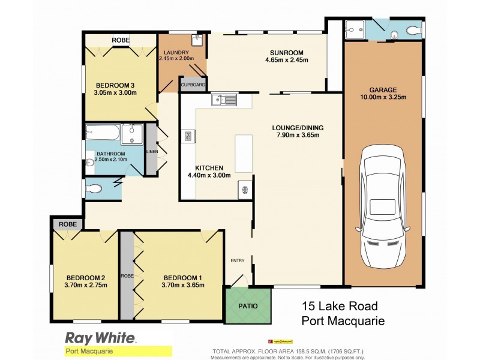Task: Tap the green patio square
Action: click(248, 305)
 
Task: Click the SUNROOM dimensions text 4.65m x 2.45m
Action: click(287, 60)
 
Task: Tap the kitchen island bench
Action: click(244, 153)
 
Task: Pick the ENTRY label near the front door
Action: click(238, 260)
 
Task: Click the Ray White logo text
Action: click(100, 338)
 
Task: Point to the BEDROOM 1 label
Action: click(184, 277)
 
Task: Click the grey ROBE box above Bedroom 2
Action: click(68, 224)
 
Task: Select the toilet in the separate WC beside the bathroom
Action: click(94, 189)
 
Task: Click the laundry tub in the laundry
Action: click(197, 40)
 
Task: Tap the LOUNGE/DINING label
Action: click(298, 127)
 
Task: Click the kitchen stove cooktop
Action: click(245, 190)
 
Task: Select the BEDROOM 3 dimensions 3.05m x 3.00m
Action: click(115, 93)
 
